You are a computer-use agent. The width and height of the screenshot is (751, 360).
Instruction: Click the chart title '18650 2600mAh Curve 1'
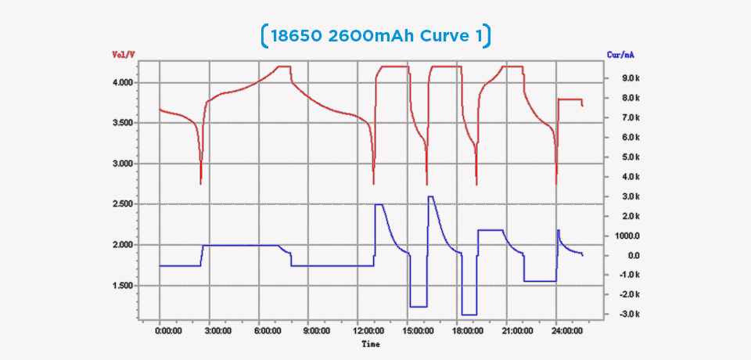(x=375, y=35)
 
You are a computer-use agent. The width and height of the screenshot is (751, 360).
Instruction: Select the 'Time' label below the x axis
(x=371, y=344)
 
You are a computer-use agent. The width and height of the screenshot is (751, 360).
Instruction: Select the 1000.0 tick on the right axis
(x=629, y=236)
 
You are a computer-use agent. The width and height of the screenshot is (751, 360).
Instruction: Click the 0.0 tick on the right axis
(x=634, y=255)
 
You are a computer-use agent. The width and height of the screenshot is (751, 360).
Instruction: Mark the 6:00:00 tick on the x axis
(x=268, y=331)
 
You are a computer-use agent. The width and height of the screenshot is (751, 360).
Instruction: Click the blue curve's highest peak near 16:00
(x=431, y=196)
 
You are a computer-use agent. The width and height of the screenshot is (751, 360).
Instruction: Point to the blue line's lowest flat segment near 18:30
(x=469, y=315)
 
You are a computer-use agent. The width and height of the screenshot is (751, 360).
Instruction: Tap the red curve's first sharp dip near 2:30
(x=201, y=183)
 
